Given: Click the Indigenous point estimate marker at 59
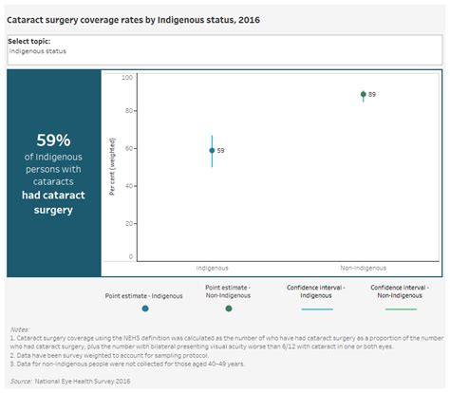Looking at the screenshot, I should tap(212, 150).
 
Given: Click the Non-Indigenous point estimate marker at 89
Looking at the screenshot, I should tap(363, 95).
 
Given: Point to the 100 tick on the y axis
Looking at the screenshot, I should tap(128, 77).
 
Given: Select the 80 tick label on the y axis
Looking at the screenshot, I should tap(128, 112).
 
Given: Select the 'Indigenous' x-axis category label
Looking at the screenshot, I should tap(212, 268).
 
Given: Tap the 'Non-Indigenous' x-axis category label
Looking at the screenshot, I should tap(363, 268).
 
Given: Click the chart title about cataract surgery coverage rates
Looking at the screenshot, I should tap(133, 19).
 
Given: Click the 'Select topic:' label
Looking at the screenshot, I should tap(28, 41).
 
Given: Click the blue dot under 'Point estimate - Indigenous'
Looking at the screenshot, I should tap(144, 309).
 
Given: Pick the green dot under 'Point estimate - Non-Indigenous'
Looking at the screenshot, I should tap(228, 309).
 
